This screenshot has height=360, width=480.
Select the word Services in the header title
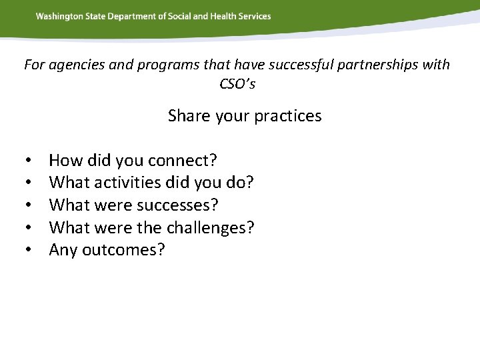coord(255,16)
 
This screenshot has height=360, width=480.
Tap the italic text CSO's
coord(237,84)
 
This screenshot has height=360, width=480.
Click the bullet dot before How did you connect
coord(30,161)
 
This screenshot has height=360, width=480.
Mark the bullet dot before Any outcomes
coord(30,251)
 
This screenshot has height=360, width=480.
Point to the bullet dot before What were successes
coord(30,206)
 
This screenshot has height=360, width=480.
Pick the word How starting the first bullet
coord(63,160)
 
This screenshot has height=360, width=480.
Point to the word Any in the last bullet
coord(63,251)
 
